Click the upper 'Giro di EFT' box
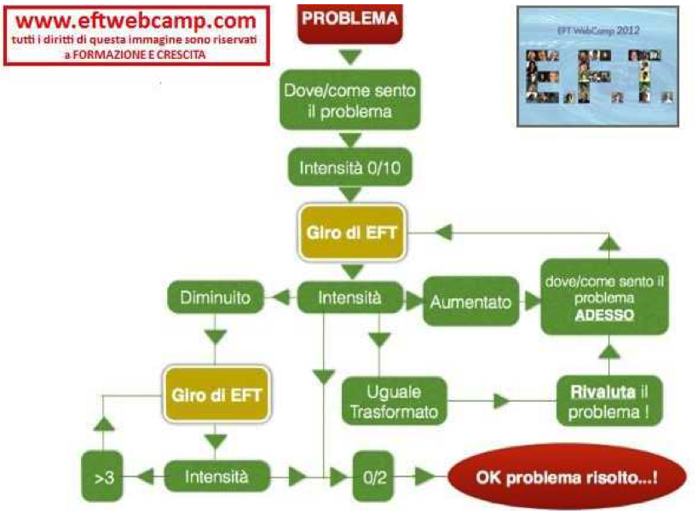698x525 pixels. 349,232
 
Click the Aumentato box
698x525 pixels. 470,302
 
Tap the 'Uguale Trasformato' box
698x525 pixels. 394,401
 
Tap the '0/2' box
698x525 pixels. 374,478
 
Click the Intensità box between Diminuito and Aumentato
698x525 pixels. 349,299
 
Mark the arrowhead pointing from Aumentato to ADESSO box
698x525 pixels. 532,302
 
